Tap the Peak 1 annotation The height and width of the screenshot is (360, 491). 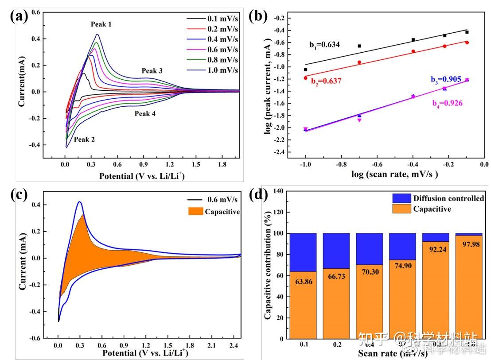tap(101, 24)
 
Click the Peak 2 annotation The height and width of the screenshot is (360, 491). tap(84, 139)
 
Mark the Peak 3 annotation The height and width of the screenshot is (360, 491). tap(152, 71)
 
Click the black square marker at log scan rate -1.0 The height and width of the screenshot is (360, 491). tap(305, 70)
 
